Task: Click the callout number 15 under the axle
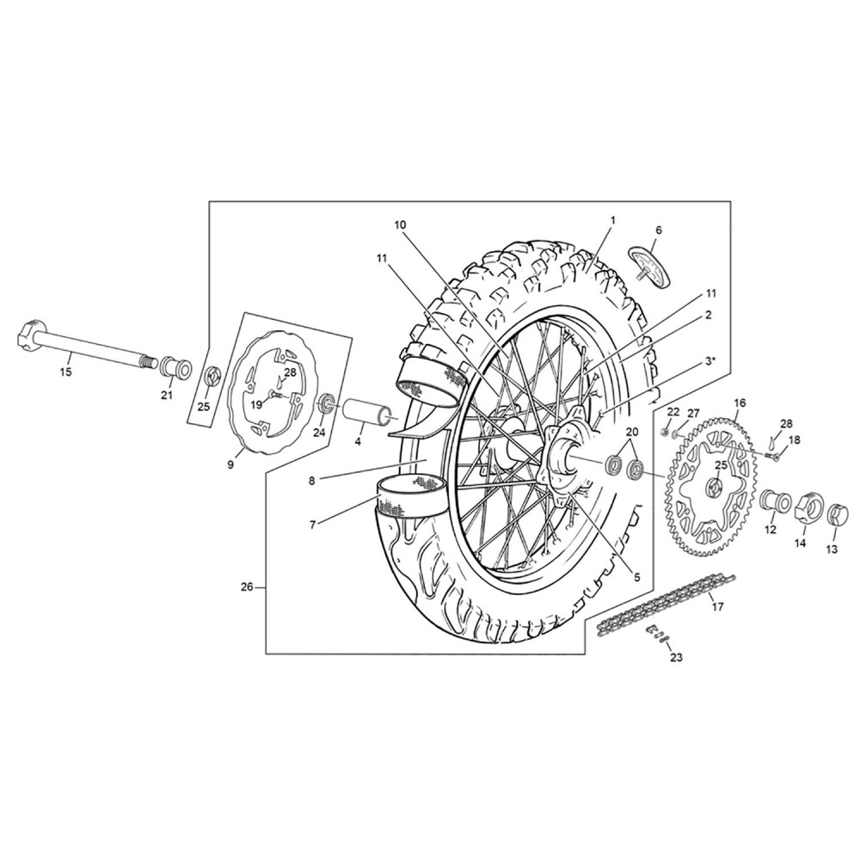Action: [x=66, y=372]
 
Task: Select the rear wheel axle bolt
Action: [x=89, y=346]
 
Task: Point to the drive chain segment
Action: [x=666, y=604]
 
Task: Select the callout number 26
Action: [x=248, y=587]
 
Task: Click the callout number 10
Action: [x=401, y=224]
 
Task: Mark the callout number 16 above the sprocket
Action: [x=740, y=403]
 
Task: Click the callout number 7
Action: [x=313, y=525]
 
